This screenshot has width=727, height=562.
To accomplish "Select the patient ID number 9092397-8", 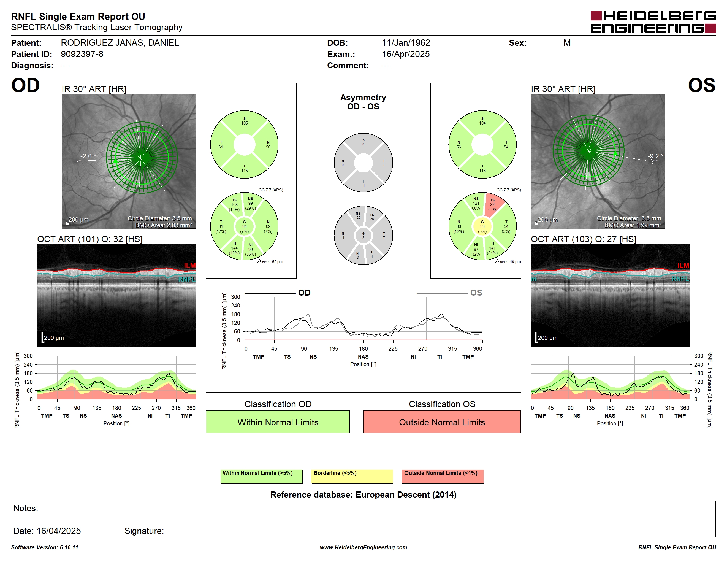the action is (x=82, y=54).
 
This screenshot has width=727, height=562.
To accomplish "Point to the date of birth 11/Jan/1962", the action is (x=406, y=43).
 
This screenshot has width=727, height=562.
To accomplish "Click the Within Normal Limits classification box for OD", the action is (x=278, y=422).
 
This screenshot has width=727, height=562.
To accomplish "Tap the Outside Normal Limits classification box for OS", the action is (x=442, y=422).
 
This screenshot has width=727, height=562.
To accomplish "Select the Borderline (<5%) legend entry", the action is (x=352, y=476).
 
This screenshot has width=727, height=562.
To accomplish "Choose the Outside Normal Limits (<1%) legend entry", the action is (x=443, y=476).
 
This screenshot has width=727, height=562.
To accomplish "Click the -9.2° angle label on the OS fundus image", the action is (x=655, y=156).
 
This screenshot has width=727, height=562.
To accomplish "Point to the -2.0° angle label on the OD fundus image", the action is (x=88, y=156).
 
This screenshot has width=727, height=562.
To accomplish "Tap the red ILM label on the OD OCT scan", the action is (x=190, y=265).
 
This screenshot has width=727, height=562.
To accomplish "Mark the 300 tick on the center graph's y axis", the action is (x=235, y=297).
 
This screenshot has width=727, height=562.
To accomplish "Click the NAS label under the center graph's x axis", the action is (x=363, y=356).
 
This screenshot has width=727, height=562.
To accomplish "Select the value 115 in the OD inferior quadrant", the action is (x=244, y=171).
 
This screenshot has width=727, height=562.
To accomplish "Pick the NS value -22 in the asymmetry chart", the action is (x=358, y=217).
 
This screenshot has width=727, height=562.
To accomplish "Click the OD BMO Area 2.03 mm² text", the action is (x=164, y=225).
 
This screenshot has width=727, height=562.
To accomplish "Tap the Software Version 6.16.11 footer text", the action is (x=45, y=547).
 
